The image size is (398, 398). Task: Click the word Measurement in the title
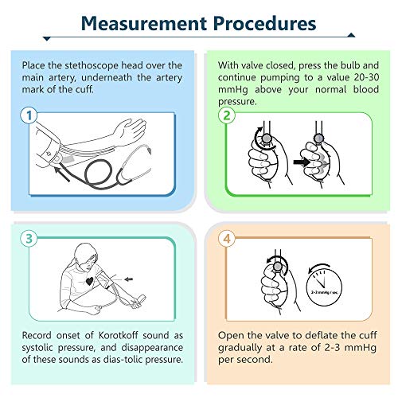(x=144, y=23)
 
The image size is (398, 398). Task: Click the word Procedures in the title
(x=264, y=23)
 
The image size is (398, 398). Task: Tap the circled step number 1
(x=29, y=115)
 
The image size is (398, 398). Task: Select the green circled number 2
(x=227, y=115)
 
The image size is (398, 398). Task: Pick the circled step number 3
(x=29, y=238)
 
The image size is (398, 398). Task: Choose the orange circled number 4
(x=227, y=238)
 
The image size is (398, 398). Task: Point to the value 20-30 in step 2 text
(x=366, y=77)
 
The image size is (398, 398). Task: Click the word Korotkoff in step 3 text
(x=118, y=335)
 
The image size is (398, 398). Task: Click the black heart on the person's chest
(x=90, y=281)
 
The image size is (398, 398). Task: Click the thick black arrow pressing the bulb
(x=302, y=162)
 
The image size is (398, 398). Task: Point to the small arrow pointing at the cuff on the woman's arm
(x=129, y=279)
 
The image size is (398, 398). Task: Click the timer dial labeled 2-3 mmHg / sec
(x=324, y=287)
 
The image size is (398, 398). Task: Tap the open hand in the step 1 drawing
(x=130, y=130)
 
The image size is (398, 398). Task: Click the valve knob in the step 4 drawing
(x=278, y=266)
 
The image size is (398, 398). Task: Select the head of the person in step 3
(x=86, y=256)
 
